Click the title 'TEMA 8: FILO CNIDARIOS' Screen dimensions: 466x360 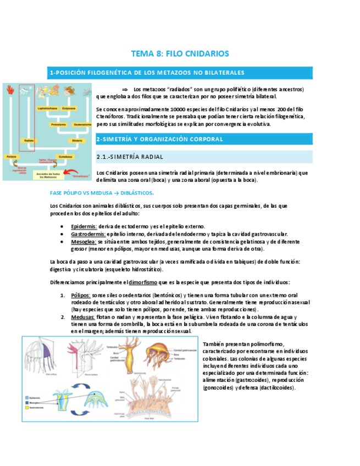[179, 53]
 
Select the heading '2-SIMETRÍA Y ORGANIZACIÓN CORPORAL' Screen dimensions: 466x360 [159, 140]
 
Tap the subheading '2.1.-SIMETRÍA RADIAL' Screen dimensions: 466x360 [129, 157]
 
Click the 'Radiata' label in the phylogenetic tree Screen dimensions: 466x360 [29, 141]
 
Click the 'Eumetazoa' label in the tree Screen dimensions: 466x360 [65, 156]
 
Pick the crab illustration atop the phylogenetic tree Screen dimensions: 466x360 [70, 91]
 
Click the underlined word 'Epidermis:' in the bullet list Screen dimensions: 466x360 [84, 226]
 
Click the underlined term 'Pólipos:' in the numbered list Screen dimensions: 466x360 [81, 295]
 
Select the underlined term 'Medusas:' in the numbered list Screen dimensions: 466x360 [83, 317]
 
